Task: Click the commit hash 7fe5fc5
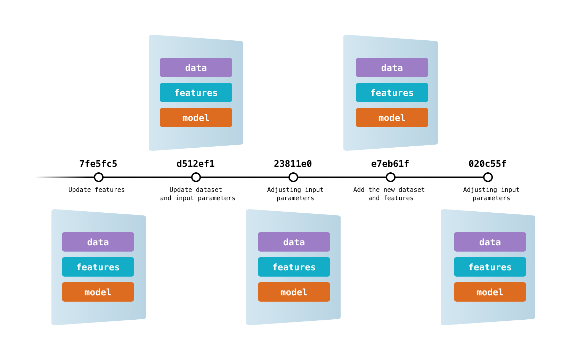(x=98, y=164)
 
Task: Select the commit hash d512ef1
(x=196, y=164)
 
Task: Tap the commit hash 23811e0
(x=293, y=164)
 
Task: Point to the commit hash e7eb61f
(x=390, y=164)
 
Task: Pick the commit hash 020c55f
(x=488, y=164)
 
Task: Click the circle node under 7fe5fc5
(x=99, y=177)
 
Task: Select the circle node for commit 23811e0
(x=293, y=177)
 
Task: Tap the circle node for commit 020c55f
(x=488, y=177)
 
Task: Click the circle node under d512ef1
(x=196, y=177)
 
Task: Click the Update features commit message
(x=97, y=190)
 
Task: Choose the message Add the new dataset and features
(x=389, y=194)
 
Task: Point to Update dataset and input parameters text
(x=197, y=194)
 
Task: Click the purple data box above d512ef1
(x=196, y=67)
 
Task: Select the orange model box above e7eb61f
(x=392, y=117)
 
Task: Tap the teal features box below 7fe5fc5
(x=98, y=267)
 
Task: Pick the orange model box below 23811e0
(x=294, y=292)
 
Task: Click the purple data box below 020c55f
(x=490, y=242)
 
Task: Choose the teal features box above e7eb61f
(x=392, y=92)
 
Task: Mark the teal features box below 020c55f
(x=490, y=267)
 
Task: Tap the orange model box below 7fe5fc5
(x=98, y=292)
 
